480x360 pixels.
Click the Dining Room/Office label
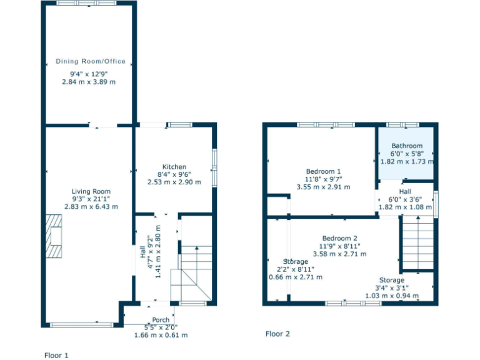[91, 61]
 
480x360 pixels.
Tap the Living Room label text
[91, 192]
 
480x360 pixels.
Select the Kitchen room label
[174, 167]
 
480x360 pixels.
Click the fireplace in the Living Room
[54, 236]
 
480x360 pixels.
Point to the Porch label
[161, 320]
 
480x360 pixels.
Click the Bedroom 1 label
[323, 171]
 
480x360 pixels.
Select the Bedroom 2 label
[339, 238]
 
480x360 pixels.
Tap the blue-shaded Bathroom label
[407, 146]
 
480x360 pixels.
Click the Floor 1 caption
[56, 355]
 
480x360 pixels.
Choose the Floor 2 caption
[277, 334]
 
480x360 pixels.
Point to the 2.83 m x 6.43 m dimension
[91, 206]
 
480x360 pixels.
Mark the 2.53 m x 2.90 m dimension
[174, 182]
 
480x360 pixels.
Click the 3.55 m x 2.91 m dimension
[323, 186]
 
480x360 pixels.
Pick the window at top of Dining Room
[86, 4]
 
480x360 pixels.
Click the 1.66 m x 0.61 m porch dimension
[161, 335]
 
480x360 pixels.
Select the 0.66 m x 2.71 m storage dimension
[296, 276]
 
